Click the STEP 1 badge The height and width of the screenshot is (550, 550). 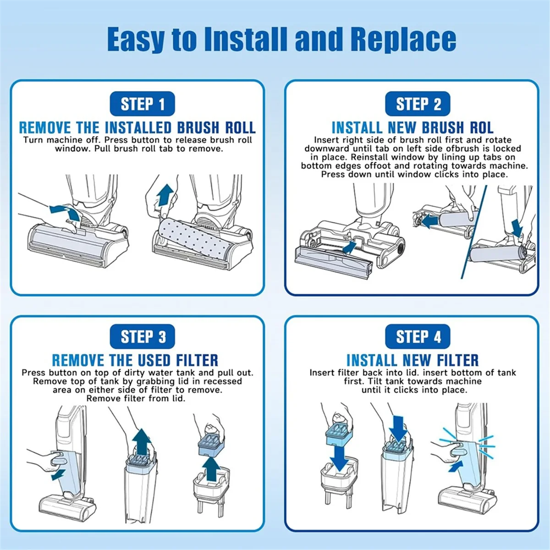[x=142, y=104]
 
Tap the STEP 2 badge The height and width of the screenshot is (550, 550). [x=418, y=104]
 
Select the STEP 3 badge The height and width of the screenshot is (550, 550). [x=142, y=336]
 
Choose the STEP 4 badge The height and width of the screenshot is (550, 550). [x=418, y=336]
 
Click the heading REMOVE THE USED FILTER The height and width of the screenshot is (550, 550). [x=135, y=360]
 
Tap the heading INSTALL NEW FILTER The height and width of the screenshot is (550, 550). [x=412, y=360]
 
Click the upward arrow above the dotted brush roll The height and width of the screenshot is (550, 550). [x=165, y=195]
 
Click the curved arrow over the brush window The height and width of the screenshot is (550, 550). [x=66, y=212]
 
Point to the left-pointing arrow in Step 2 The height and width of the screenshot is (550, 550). [x=429, y=221]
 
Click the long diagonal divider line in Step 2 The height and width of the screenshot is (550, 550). [x=474, y=232]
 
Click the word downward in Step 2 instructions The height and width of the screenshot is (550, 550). [x=326, y=148]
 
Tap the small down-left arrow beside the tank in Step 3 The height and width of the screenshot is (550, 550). [x=58, y=475]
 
